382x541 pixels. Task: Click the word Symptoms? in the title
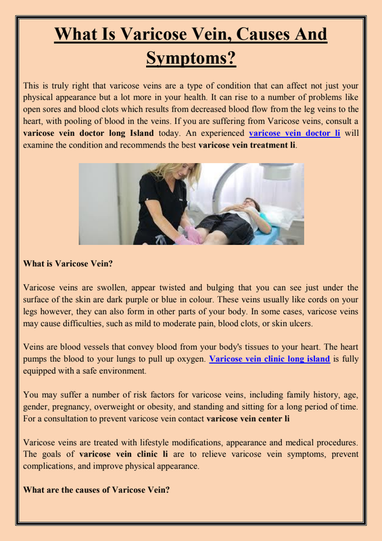(x=191, y=58)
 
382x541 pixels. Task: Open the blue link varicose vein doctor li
(x=295, y=133)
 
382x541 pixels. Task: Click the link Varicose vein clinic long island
(x=270, y=359)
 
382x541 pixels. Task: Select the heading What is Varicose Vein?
(x=68, y=264)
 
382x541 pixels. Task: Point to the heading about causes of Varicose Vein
(x=96, y=490)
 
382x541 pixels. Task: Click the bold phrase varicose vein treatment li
(x=247, y=145)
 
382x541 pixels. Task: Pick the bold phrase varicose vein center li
(x=247, y=419)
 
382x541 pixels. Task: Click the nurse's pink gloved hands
(x=191, y=235)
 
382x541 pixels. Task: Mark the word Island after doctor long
(x=141, y=133)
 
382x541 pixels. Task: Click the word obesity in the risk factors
(x=162, y=407)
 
